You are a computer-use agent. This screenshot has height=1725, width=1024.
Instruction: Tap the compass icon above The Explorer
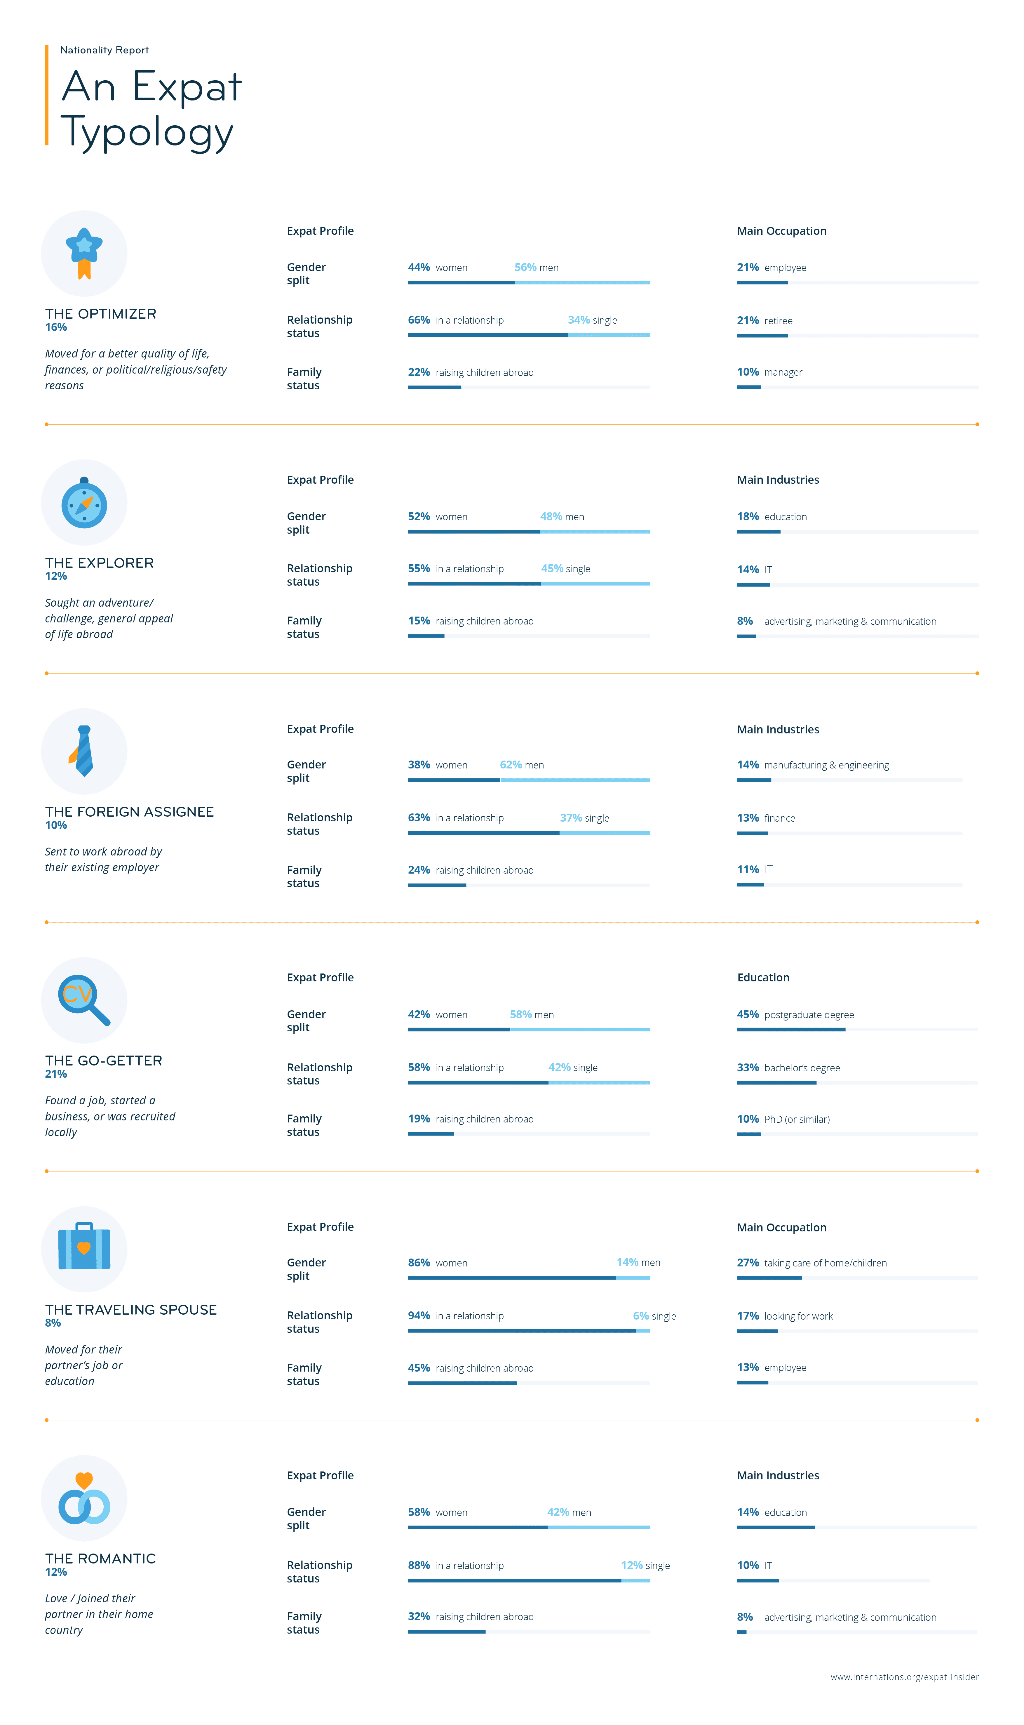coord(84,503)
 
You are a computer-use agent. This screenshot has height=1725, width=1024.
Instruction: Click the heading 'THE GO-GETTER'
coord(104,1060)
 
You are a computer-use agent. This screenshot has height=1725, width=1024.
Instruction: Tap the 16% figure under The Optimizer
coord(56,327)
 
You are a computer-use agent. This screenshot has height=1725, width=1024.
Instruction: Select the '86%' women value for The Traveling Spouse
coord(419,1263)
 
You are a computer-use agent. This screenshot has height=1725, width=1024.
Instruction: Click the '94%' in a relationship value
coord(419,1316)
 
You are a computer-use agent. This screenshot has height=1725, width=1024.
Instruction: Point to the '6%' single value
coord(640,1316)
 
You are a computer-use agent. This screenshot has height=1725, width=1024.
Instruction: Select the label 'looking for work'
coord(798,1316)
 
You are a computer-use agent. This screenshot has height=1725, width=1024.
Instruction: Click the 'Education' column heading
coord(763,977)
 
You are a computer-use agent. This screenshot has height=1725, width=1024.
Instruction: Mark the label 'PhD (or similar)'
coord(797,1119)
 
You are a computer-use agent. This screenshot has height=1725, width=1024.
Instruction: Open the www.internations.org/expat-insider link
coord(904,1677)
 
